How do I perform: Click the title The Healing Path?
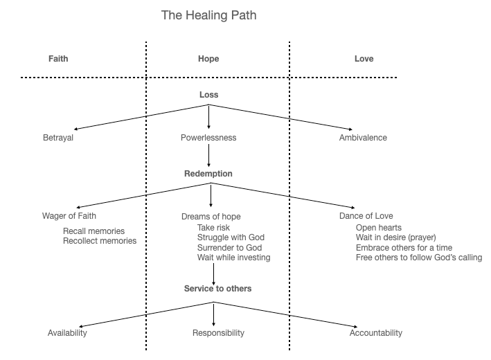(x=208, y=15)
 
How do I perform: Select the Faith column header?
(x=59, y=59)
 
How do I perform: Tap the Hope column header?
(x=208, y=59)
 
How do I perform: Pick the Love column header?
(x=364, y=59)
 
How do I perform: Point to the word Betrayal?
(x=58, y=138)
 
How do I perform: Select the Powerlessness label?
(x=208, y=138)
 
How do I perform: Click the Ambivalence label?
(x=363, y=138)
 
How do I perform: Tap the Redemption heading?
(x=208, y=173)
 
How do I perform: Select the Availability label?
(x=66, y=333)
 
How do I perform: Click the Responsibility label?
(x=218, y=333)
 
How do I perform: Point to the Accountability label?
(x=376, y=333)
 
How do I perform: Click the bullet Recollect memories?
(x=100, y=241)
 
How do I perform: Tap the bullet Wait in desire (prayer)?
(x=395, y=237)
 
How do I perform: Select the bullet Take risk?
(x=213, y=227)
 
